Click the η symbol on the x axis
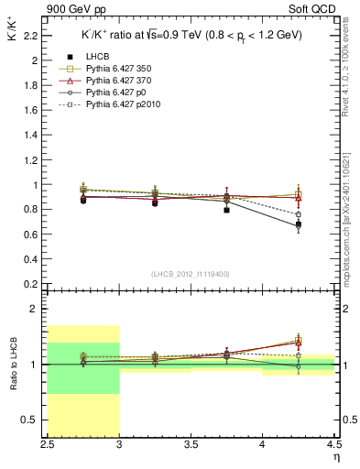pos(335,455)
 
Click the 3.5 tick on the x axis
pos(191,444)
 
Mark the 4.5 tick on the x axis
pos(333,444)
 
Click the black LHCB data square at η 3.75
pos(226,210)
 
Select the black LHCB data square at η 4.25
pos(298,224)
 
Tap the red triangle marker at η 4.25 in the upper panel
pos(298,199)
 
